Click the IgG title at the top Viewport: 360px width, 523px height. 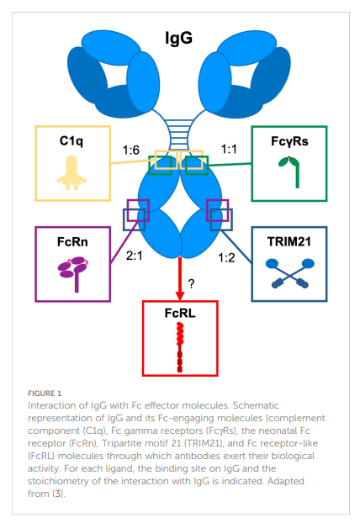(179, 38)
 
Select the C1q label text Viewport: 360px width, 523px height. (71, 140)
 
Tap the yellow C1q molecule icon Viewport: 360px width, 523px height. (71, 172)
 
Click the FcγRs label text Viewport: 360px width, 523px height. (289, 141)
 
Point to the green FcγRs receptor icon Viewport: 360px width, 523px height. (289, 172)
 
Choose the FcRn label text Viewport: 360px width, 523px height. (72, 242)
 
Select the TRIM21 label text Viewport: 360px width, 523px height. (289, 242)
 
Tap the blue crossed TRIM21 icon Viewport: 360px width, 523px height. (290, 273)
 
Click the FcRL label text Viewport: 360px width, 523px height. (180, 313)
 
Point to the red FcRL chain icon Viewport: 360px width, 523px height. (180, 347)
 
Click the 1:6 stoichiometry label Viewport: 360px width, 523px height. (130, 151)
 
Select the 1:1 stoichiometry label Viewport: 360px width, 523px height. (229, 149)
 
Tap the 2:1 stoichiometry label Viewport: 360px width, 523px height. (134, 256)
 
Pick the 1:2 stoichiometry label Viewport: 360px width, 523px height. (226, 257)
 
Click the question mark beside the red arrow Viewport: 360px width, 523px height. (191, 284)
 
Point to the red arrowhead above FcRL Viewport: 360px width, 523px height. (180, 295)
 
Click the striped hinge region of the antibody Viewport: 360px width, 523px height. (179, 135)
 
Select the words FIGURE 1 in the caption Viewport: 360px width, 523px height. (45, 394)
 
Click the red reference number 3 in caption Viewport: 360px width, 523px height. (58, 494)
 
